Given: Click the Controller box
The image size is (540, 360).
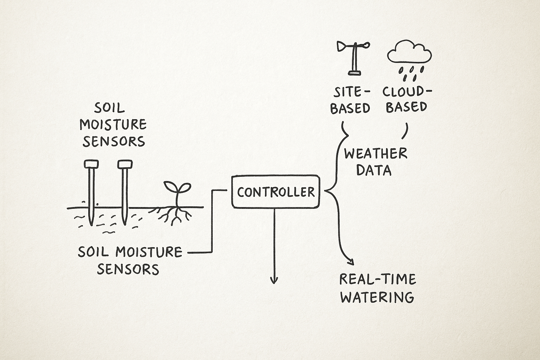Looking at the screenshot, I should pyautogui.click(x=276, y=192).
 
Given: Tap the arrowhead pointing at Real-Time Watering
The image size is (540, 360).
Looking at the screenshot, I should pyautogui.click(x=350, y=261).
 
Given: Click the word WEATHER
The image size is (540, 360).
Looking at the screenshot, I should pyautogui.click(x=375, y=154).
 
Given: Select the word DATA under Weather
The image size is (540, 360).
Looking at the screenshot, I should pyautogui.click(x=374, y=171).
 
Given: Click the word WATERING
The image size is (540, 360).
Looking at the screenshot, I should pyautogui.click(x=378, y=297).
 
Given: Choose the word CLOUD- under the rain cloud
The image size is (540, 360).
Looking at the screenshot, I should pyautogui.click(x=407, y=92).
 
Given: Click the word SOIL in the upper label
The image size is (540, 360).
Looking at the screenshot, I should pyautogui.click(x=109, y=108).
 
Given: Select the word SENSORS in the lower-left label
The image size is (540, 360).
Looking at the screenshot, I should pyautogui.click(x=128, y=269).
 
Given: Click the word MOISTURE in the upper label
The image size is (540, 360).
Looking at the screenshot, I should pyautogui.click(x=113, y=124).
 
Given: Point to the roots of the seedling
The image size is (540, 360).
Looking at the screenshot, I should pyautogui.click(x=176, y=214).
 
